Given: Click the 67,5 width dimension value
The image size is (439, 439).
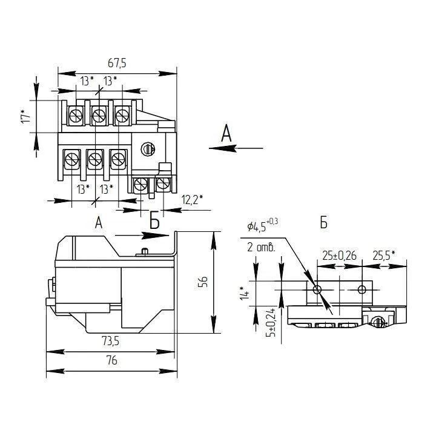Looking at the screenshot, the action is tap(117, 63).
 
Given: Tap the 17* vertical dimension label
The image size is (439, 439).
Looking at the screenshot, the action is tap(25, 116).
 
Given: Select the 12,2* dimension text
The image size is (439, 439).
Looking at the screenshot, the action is tap(192, 200).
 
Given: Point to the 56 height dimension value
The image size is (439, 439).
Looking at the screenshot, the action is tap(203, 282).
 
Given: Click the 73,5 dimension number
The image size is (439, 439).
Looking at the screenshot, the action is tap(110, 341).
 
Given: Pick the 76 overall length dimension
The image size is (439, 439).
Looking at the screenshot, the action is tap(111, 360).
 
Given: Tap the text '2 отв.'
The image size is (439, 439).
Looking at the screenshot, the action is tap(261, 247).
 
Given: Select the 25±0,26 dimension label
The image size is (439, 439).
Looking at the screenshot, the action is tap(339, 256).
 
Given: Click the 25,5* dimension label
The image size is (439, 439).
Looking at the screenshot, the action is tap(384, 256).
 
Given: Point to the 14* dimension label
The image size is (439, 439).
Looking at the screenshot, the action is tap(244, 293).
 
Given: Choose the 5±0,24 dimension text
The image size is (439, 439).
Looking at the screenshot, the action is tap(271, 322).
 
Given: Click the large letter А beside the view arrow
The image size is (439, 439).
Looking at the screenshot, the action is tap(226, 133).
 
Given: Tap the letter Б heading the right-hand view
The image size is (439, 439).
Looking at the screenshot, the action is tap(324, 223).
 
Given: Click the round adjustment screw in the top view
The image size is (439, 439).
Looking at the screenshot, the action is tap(148, 149).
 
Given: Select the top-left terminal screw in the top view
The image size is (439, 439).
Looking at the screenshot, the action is tap(76, 116).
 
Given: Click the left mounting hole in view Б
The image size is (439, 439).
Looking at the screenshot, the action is tap(317, 289).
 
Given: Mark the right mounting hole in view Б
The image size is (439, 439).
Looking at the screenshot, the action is tap(361, 289).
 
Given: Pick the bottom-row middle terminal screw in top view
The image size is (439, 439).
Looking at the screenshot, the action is tap(95, 159).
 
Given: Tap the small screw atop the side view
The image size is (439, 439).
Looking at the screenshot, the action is tap(145, 251).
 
